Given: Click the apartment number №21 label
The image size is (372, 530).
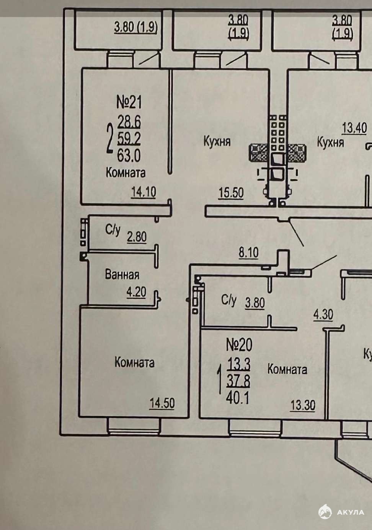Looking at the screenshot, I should coord(129,102).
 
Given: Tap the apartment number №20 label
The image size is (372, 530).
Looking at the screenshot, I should coord(239,345).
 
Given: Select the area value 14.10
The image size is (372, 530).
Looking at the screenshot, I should coord(144,192).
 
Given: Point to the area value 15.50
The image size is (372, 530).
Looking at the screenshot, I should coord(231,192).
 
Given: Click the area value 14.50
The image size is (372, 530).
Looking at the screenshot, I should coord(162,403).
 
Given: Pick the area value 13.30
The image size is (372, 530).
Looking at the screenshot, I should coord(303,405).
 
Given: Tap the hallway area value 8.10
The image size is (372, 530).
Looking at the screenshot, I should coord(248,252).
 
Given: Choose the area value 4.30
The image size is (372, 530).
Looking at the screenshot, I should coord(323,315).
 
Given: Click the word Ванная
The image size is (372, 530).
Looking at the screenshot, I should coord(122,275).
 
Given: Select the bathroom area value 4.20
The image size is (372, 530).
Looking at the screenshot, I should coord(136,292).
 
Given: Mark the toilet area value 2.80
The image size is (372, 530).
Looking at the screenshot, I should coord(137,237).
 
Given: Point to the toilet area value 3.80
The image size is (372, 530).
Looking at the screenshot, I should coord(255,303).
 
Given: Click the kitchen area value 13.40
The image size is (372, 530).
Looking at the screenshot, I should coord(354,128).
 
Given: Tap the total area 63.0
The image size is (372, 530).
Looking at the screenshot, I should coord(129,155).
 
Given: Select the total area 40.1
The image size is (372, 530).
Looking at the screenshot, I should coord(238,398).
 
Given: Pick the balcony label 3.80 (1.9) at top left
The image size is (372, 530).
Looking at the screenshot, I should coord(136,27).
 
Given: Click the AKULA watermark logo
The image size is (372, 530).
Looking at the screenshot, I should coord(342,512).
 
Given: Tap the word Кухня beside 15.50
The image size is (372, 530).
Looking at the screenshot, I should coord(217,142).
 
